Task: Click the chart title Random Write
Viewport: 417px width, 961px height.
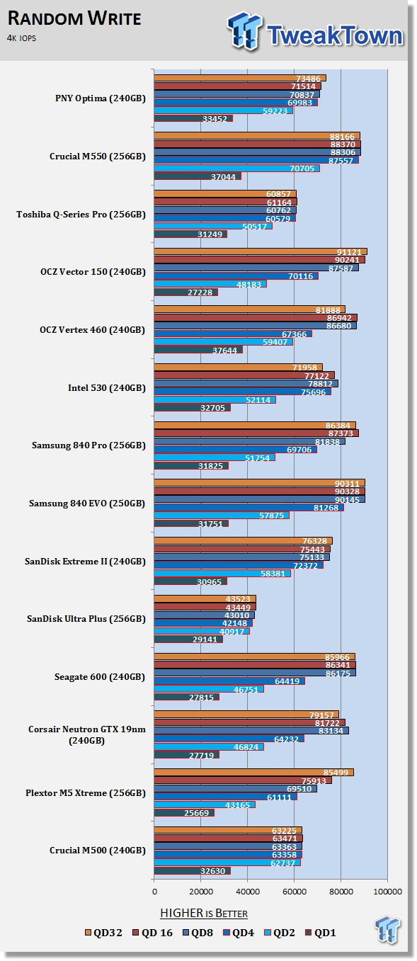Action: pos(74,18)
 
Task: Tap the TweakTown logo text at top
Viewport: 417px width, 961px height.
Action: pos(335,35)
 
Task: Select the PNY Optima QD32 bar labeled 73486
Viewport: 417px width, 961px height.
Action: pos(240,78)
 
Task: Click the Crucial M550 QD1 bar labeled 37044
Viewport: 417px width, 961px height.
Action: pos(198,176)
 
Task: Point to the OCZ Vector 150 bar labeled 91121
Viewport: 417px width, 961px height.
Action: pos(261,252)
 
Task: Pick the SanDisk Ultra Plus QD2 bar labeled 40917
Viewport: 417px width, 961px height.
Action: pos(202,631)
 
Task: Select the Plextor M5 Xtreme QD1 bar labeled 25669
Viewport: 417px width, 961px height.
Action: pos(184,813)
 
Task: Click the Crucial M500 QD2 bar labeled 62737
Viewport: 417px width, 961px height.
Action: pos(228,863)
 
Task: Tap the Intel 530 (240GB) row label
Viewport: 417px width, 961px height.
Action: pos(107,388)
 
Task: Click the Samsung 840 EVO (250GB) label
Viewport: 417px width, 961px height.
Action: pos(87,504)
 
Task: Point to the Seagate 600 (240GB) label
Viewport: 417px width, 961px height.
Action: pos(100,677)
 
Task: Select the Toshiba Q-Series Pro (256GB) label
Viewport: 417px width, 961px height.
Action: pos(81,215)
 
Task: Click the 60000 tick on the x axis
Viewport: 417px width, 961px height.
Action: pos(295,892)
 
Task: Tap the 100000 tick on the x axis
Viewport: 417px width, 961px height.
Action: pos(388,892)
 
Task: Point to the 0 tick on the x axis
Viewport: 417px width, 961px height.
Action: pos(154,892)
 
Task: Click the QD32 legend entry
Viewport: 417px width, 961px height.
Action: pos(103,933)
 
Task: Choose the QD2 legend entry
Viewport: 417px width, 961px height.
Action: pos(279,933)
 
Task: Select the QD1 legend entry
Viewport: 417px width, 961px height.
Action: pos(321,933)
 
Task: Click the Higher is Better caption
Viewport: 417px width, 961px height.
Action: pos(204,913)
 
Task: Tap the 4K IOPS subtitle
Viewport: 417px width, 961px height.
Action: pos(21,38)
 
